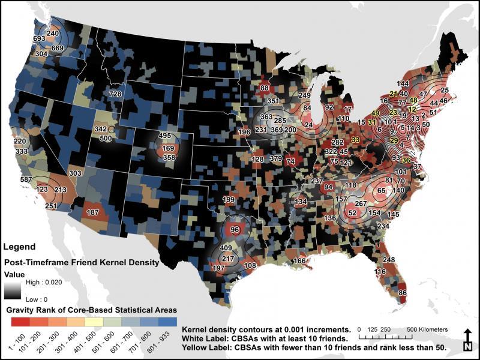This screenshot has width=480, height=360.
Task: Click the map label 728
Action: click(x=115, y=94)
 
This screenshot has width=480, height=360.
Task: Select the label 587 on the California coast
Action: click(x=26, y=179)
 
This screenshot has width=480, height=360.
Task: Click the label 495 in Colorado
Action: click(x=165, y=136)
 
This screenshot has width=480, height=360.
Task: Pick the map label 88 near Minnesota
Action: click(x=264, y=89)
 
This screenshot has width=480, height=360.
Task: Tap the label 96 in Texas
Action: click(x=235, y=229)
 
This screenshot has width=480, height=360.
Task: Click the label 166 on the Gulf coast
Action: click(x=299, y=260)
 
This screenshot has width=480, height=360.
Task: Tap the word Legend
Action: click(x=19, y=247)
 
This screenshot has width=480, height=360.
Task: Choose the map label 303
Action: click(x=75, y=173)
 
